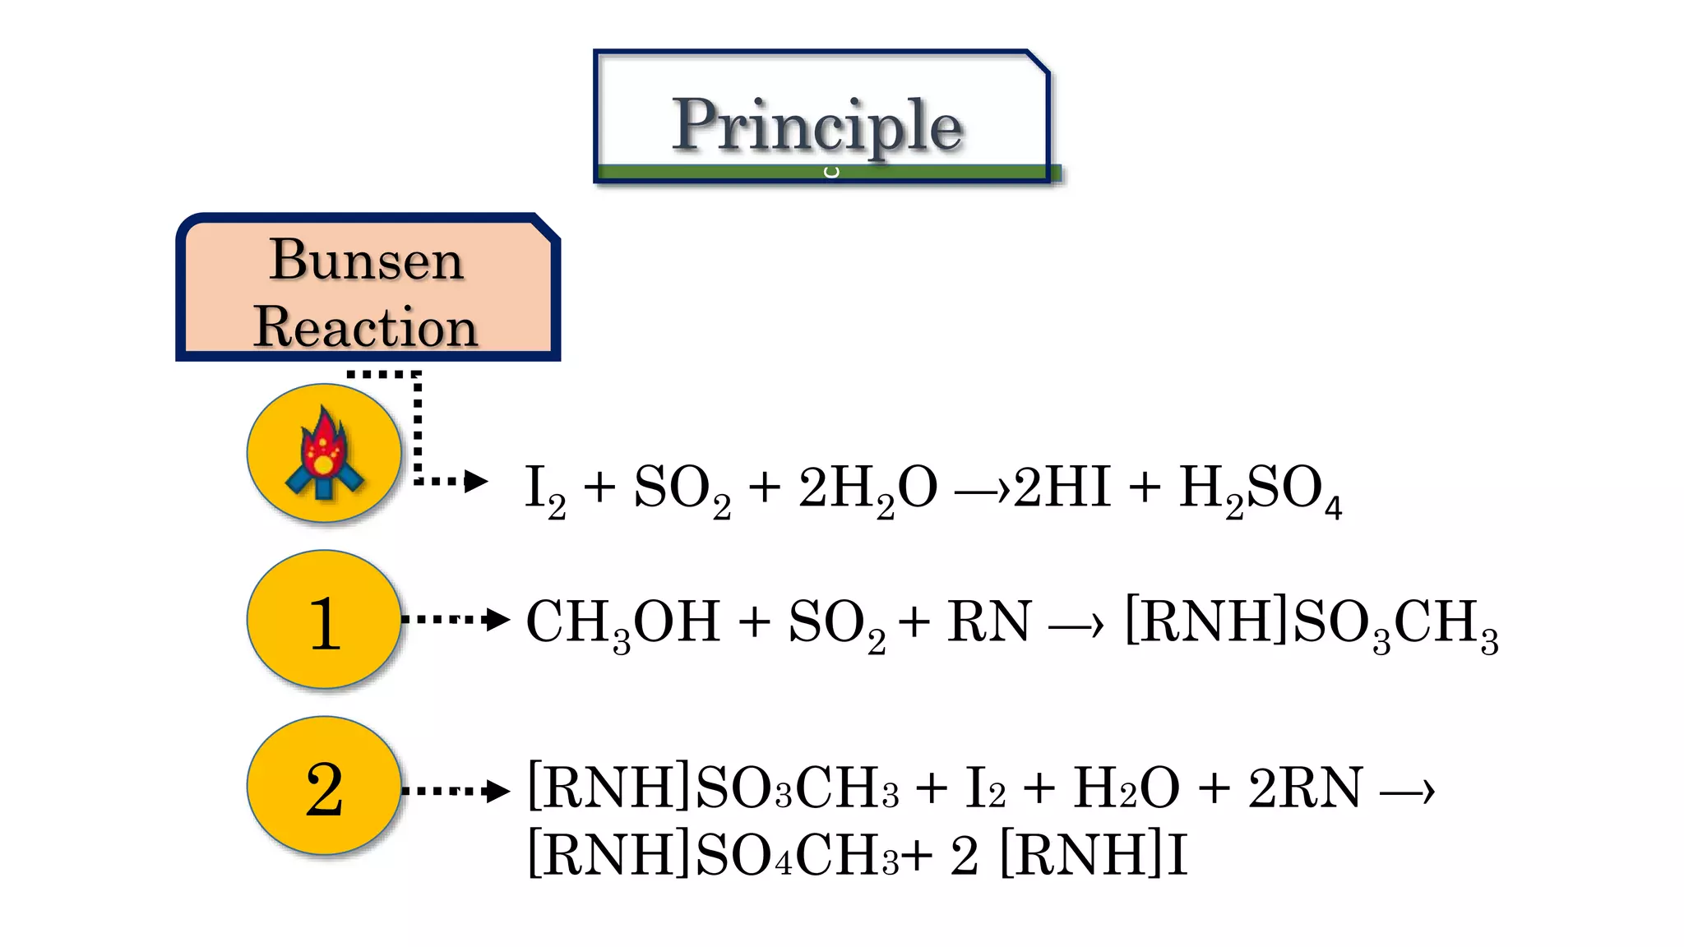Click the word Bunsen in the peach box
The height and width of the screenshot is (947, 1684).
click(x=367, y=260)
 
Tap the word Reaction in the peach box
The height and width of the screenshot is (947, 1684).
click(x=366, y=326)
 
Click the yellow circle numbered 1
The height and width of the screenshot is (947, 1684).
click(x=324, y=620)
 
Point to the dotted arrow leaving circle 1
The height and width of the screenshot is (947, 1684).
click(x=456, y=619)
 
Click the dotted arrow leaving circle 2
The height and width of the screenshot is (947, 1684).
click(x=456, y=791)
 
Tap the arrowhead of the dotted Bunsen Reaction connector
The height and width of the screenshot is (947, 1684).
click(x=475, y=481)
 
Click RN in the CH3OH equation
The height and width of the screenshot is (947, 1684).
click(x=989, y=621)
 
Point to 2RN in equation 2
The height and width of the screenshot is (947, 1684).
click(x=1305, y=788)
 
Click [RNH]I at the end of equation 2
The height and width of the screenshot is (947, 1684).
click(x=1094, y=855)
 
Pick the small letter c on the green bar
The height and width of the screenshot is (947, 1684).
click(x=832, y=172)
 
